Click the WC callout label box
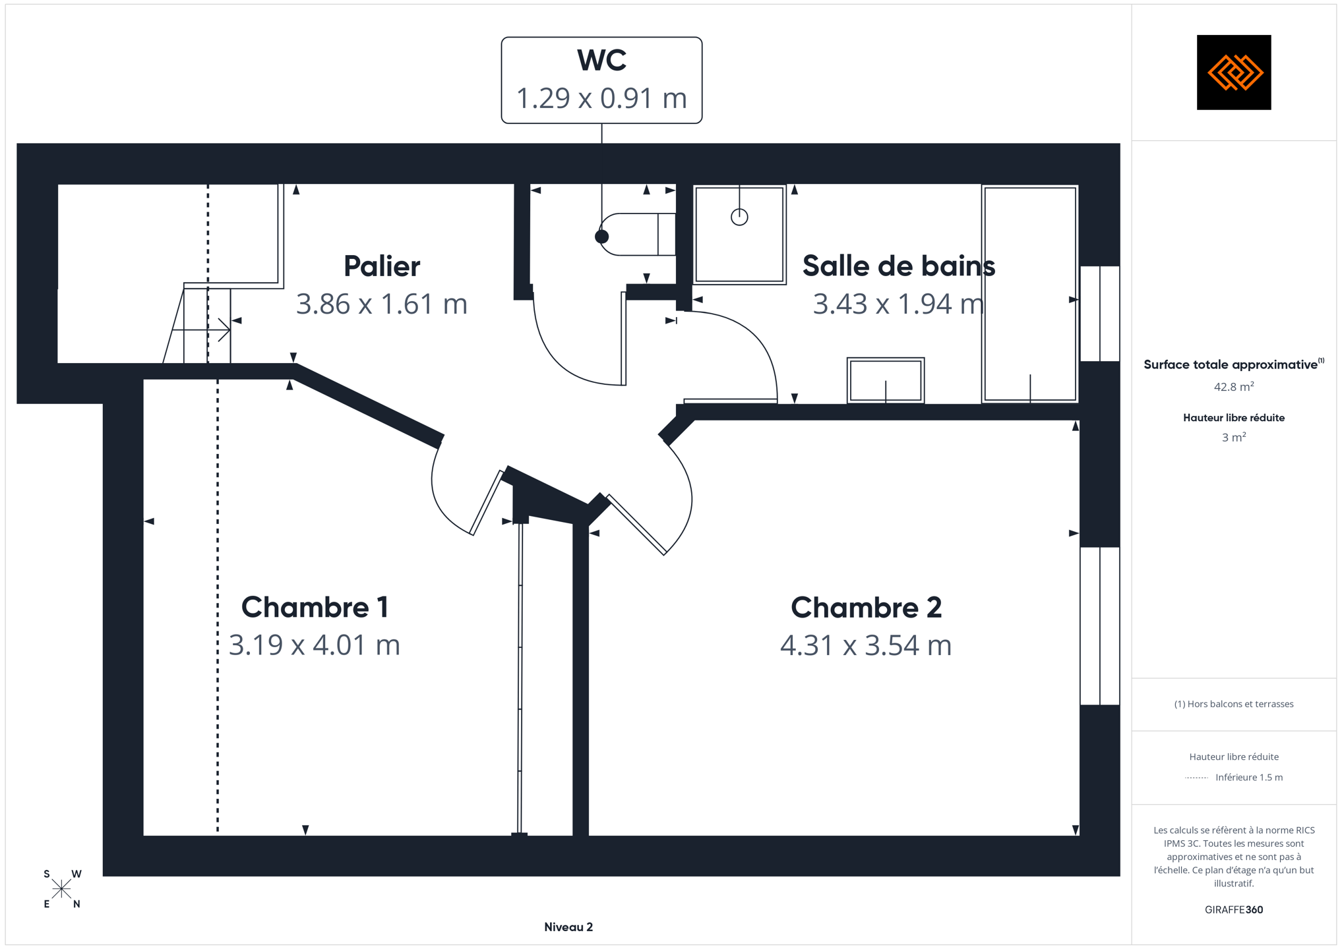tap(601, 80)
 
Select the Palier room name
tap(382, 266)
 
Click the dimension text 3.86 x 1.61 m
tap(382, 304)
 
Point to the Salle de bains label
tap(899, 266)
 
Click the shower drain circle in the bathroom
tap(739, 217)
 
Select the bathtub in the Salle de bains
tap(1030, 294)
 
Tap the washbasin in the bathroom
tap(886, 380)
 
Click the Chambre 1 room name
tap(315, 607)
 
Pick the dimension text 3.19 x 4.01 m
tap(315, 645)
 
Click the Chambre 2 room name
tap(866, 607)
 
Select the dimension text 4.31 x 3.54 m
tap(866, 645)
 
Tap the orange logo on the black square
tap(1235, 72)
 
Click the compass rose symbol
tap(61, 889)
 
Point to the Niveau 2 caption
tap(568, 927)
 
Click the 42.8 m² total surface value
tap(1234, 386)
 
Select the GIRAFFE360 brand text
tap(1234, 909)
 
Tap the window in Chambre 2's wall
tap(1100, 626)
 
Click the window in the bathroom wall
tap(1100, 314)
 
